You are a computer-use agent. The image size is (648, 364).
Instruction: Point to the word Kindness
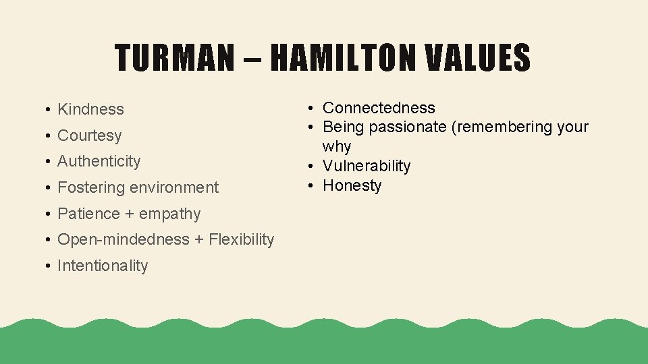click(x=90, y=109)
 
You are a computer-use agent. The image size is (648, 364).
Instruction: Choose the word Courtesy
click(x=89, y=135)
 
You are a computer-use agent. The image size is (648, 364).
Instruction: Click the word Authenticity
click(x=99, y=161)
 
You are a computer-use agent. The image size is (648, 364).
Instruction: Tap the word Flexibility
click(x=241, y=239)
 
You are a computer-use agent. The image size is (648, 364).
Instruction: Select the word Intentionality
click(x=102, y=266)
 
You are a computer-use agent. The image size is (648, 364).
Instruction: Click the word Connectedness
click(x=379, y=108)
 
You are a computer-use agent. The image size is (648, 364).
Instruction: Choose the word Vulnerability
click(x=366, y=166)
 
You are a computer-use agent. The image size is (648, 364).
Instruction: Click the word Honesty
click(x=352, y=185)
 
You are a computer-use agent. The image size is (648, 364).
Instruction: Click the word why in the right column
click(x=336, y=146)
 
